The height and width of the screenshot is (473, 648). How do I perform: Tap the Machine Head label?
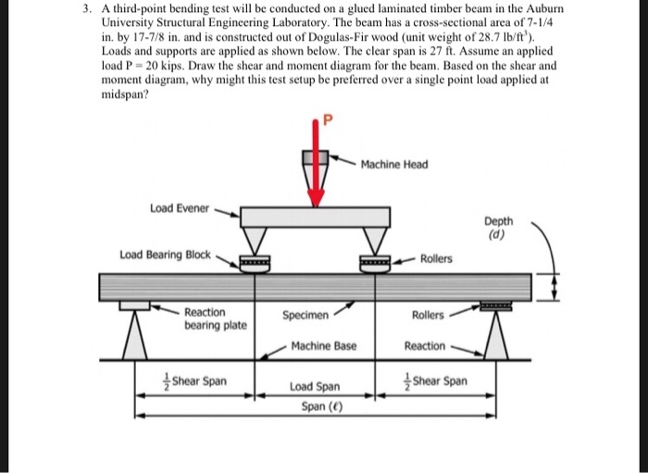coord(394,165)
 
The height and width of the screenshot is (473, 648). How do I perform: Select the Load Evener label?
coord(181,208)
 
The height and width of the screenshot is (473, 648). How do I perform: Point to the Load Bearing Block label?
coord(164,254)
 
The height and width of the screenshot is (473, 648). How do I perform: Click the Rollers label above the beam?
coord(436,258)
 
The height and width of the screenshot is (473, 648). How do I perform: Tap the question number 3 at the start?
coord(84,8)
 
